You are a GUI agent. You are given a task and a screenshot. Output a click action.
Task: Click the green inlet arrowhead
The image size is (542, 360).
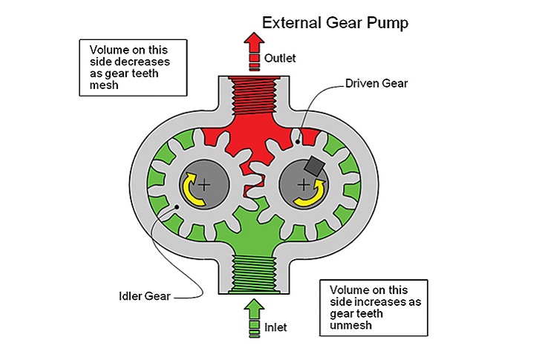pyautogui.click(x=254, y=306)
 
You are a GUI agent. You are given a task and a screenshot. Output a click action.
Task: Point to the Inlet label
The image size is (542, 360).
pyautogui.click(x=275, y=327)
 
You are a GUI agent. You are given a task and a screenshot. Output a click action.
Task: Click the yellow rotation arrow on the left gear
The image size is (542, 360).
pyautogui.click(x=195, y=188)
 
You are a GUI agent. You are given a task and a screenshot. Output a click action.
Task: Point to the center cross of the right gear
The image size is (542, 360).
pyautogui.click(x=304, y=183)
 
